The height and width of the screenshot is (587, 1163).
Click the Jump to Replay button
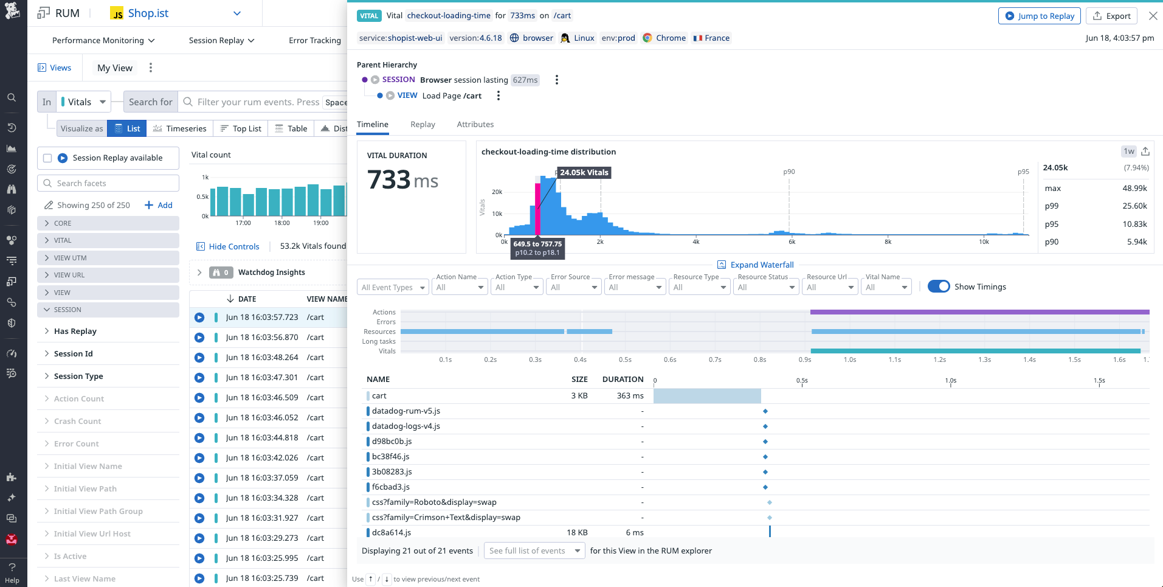pos(1039,16)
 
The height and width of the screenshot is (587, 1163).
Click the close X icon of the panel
pos(1153,16)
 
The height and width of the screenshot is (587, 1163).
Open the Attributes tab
pos(475,124)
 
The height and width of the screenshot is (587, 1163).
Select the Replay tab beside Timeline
pos(423,124)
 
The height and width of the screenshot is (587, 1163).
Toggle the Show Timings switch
pos(939,287)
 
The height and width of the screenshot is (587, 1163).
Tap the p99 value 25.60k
pos(1134,206)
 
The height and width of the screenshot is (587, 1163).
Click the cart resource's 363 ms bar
pos(707,396)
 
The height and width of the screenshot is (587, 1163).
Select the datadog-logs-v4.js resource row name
pos(405,426)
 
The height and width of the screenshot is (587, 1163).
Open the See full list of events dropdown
pos(534,551)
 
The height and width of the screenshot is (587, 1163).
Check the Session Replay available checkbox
pos(47,158)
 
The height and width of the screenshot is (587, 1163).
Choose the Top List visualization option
pos(241,128)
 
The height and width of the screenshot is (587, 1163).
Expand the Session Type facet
pos(78,376)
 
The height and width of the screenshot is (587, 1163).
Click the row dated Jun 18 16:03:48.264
pos(262,357)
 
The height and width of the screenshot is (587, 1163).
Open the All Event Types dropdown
pos(393,287)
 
